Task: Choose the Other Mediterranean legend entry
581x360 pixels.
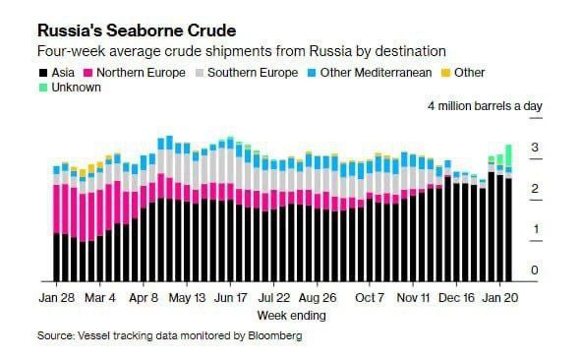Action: click(369, 73)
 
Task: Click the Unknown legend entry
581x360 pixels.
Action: click(74, 88)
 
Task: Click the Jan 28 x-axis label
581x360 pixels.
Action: click(59, 296)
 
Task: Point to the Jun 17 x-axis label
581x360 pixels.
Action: click(231, 296)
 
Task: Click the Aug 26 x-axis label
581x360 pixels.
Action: click(318, 296)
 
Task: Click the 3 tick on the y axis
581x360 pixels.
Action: click(535, 148)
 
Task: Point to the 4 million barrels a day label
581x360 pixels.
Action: click(485, 106)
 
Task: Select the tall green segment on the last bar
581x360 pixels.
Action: click(508, 155)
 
